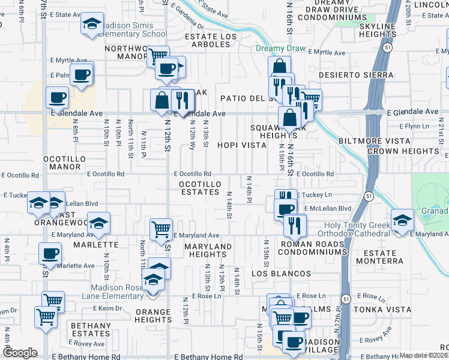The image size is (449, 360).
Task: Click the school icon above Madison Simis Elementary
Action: (92, 24)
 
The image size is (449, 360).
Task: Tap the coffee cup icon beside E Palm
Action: (82, 76)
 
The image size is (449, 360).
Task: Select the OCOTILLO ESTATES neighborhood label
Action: (200, 187)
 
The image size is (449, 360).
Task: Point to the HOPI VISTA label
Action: (242, 145)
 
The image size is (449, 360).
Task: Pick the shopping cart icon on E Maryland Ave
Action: (161, 229)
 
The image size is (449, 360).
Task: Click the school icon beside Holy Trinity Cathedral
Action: (402, 219)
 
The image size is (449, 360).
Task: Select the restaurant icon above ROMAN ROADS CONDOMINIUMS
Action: (294, 224)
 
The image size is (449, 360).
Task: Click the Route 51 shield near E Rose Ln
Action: (346, 298)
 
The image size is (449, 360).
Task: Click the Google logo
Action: (20, 353)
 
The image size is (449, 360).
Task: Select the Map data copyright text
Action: (424, 355)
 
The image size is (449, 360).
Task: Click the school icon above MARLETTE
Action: (98, 223)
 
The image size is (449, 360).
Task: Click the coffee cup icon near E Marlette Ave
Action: (50, 253)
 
